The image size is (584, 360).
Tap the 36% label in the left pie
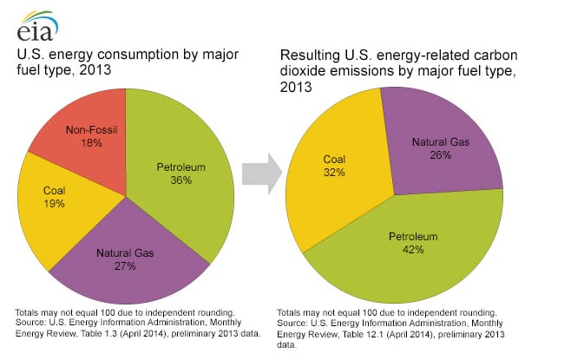[x=180, y=180]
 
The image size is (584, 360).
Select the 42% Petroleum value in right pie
[x=413, y=249]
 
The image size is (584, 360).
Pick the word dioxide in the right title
[x=304, y=72]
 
